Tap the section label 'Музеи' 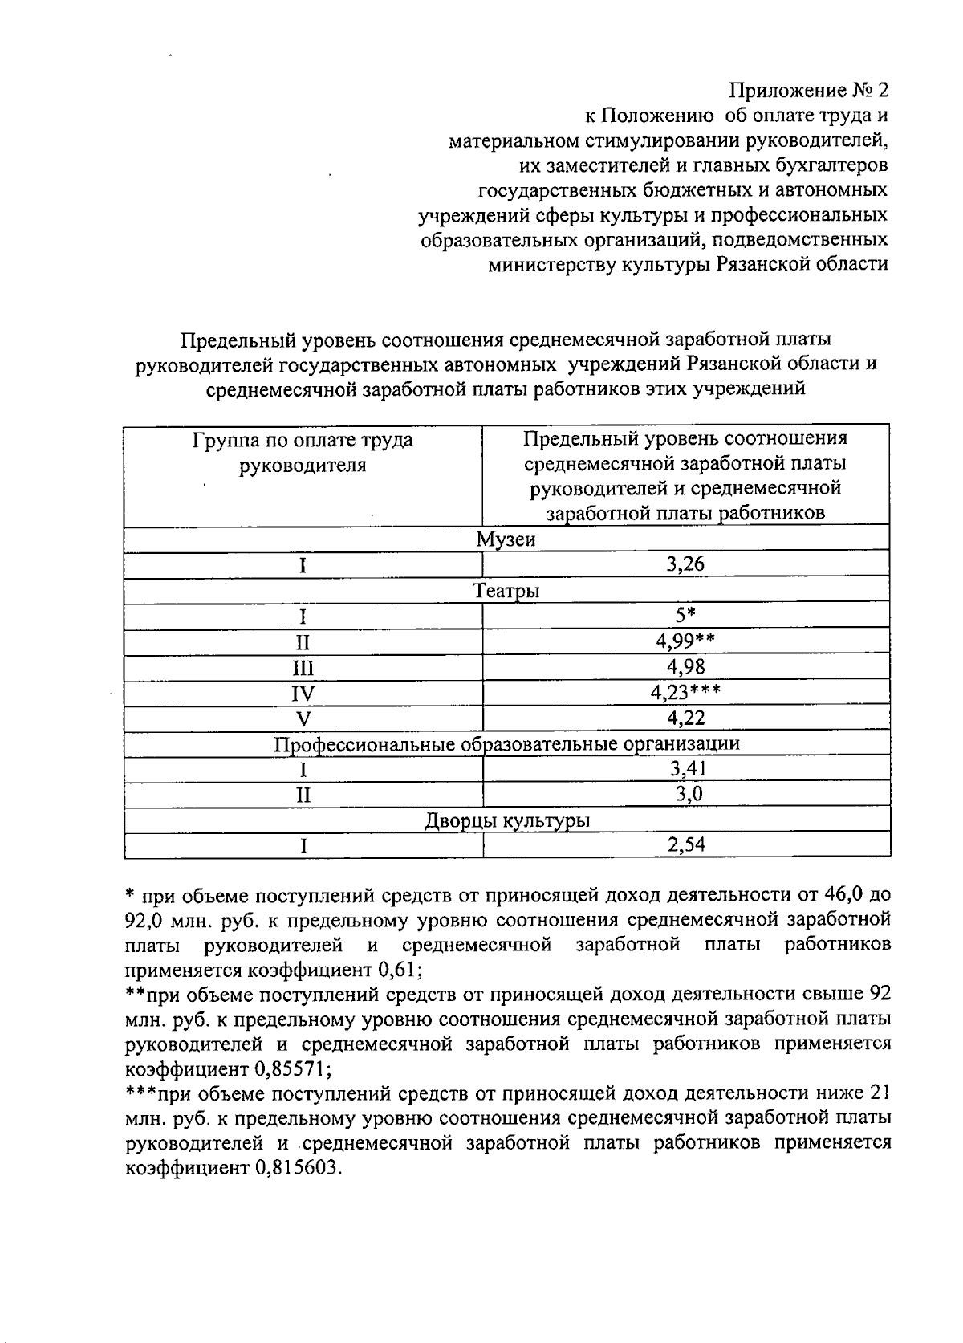point(506,539)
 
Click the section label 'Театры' point(506,592)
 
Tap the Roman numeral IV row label point(303,693)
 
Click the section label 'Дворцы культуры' point(506,820)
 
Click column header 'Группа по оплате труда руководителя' point(303,452)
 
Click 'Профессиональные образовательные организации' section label point(506,743)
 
